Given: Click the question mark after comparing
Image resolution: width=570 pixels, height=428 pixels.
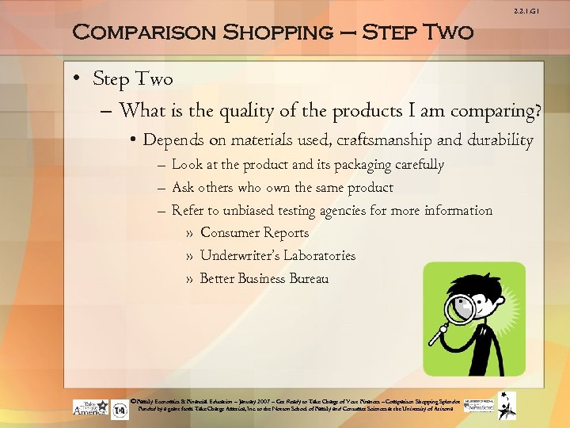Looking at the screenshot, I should coord(538,110).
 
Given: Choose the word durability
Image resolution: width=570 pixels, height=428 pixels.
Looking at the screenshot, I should coord(499,140).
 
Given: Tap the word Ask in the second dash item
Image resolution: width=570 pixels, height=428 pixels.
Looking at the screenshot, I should coord(182,188).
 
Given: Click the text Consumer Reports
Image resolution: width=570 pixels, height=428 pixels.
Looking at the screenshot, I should coord(254,233).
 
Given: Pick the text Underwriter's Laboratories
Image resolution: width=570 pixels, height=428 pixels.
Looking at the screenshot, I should coord(278,256).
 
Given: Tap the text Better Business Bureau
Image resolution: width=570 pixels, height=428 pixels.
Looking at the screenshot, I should coord(264,279).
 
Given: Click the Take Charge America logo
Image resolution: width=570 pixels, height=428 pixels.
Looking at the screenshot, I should coord(90,407).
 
